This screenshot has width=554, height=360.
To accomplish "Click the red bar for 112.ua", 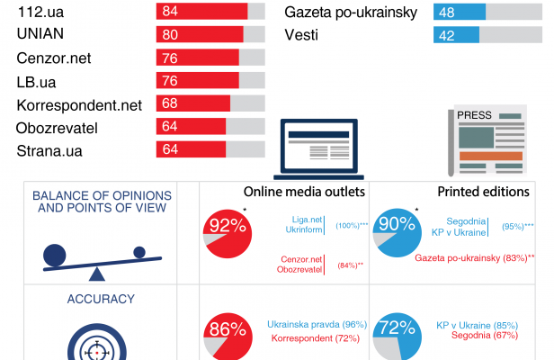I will pyautogui.click(x=201, y=12).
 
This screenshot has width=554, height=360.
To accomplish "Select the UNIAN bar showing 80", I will pyautogui.click(x=200, y=35).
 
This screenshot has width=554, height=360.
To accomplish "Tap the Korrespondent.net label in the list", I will pyautogui.click(x=79, y=104).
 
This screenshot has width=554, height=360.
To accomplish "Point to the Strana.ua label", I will pyautogui.click(x=49, y=150).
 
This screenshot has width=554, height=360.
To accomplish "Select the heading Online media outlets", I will pyautogui.click(x=304, y=192).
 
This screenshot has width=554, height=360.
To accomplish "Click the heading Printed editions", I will pyautogui.click(x=483, y=192).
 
